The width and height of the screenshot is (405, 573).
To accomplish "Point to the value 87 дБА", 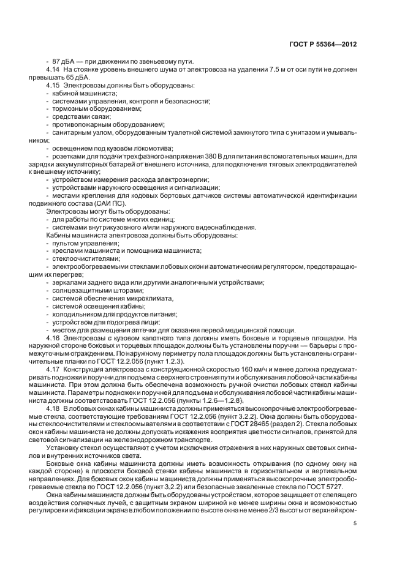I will click(x=64, y=62).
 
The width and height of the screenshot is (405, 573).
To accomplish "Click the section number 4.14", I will click(x=53, y=70).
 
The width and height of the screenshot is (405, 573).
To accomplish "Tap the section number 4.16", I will click(x=53, y=337).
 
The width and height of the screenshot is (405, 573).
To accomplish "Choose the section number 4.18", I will click(x=53, y=408).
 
